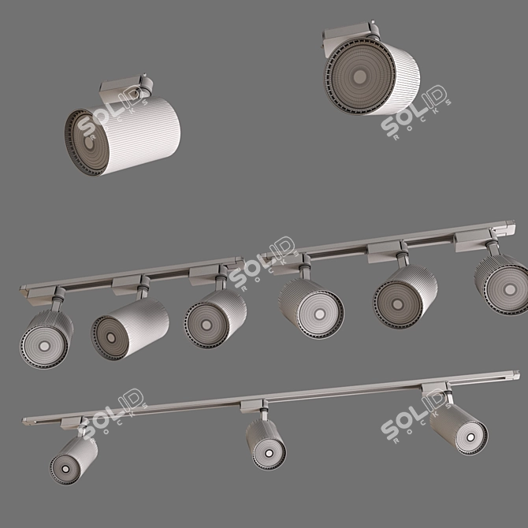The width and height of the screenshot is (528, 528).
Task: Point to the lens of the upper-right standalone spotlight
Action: point(359,76)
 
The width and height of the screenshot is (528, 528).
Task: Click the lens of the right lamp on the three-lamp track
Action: point(470,433)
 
